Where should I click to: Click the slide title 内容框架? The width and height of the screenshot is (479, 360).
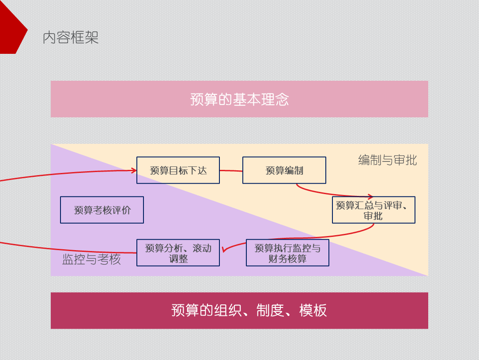(71, 37)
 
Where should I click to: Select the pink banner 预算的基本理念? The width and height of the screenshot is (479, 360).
(239, 99)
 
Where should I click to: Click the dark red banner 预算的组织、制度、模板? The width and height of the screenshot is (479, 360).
(239, 311)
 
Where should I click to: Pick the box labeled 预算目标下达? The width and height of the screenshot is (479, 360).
(178, 170)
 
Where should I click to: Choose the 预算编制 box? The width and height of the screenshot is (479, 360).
(284, 170)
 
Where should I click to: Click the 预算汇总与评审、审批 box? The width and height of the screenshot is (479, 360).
(373, 210)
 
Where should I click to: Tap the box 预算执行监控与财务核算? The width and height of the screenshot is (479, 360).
(287, 253)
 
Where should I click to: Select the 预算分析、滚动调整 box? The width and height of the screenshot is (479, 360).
(178, 253)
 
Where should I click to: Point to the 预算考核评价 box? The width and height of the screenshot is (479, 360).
(102, 210)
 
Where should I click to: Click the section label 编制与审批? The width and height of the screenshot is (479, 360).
(387, 160)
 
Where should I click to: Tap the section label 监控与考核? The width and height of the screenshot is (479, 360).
(91, 259)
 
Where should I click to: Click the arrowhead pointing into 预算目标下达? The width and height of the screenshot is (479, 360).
(134, 170)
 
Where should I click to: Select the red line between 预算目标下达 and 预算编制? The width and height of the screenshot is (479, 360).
(231, 170)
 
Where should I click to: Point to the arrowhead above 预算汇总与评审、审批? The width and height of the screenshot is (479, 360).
(370, 196)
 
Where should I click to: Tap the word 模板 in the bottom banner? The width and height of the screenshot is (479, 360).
(313, 311)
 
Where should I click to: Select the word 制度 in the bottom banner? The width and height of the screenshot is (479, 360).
(271, 311)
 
